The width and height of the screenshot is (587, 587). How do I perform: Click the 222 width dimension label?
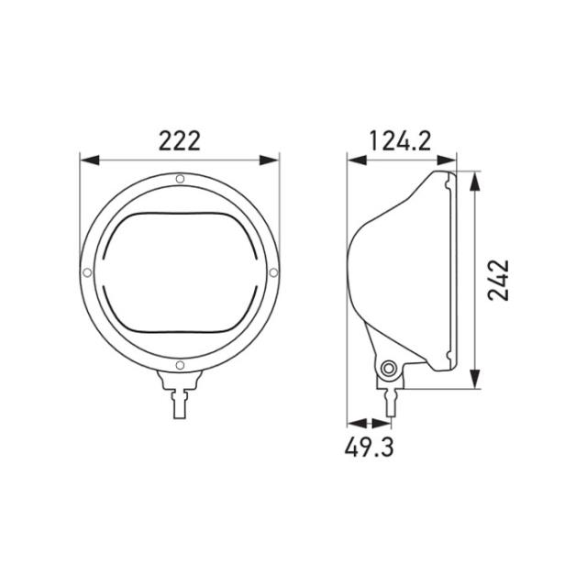tap(180, 140)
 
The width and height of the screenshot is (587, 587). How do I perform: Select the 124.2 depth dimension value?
tap(400, 140)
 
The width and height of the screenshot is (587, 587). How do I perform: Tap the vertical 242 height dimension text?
tap(498, 279)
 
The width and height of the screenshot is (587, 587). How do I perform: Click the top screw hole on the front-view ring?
tap(181, 178)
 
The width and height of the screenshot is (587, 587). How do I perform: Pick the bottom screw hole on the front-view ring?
tap(181, 367)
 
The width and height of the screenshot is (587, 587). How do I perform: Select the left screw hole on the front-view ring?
tap(86, 272)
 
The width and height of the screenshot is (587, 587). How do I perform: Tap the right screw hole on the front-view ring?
tap(275, 272)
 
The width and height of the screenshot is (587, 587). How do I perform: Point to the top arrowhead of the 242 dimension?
tap(473, 179)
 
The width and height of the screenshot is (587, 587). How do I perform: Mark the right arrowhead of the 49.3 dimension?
tap(384, 424)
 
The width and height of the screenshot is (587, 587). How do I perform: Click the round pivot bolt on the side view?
tap(390, 369)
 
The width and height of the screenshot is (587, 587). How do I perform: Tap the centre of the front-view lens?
tap(181, 272)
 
